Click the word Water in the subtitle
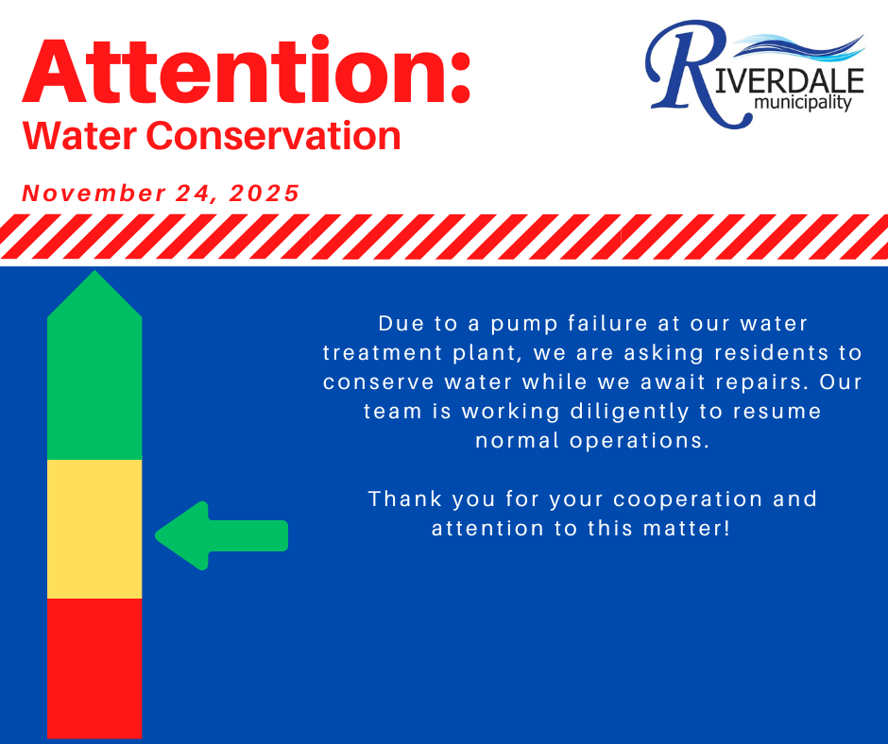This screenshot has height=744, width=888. [79, 136]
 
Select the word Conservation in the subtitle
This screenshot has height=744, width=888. [274, 136]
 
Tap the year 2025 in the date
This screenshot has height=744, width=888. [264, 193]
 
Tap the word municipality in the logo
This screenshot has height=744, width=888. [803, 103]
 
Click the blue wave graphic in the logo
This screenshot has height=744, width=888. [798, 47]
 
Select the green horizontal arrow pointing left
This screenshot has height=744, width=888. [221, 535]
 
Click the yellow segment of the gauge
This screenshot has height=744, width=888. [94, 529]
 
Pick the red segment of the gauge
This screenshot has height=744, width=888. [94, 668]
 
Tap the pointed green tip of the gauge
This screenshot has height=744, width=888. [94, 271]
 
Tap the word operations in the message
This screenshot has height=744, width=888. [640, 442]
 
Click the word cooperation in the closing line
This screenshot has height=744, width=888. [688, 500]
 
